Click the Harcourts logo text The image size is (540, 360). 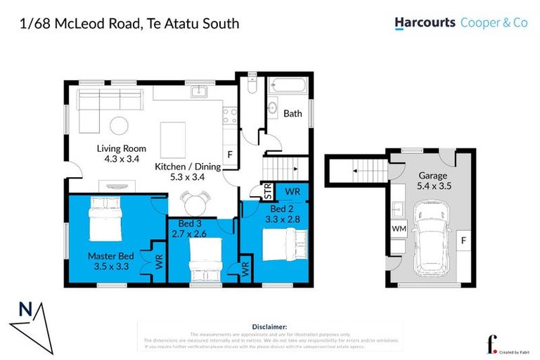point(424,23)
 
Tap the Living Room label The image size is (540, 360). point(121,148)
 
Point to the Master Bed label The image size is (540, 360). point(106,256)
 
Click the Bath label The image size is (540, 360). point(292,113)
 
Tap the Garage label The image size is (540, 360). point(433,175)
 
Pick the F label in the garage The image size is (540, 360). point(463,241)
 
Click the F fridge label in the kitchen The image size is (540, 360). point(229,155)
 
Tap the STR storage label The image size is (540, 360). point(267,190)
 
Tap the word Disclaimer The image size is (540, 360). point(270,327)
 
